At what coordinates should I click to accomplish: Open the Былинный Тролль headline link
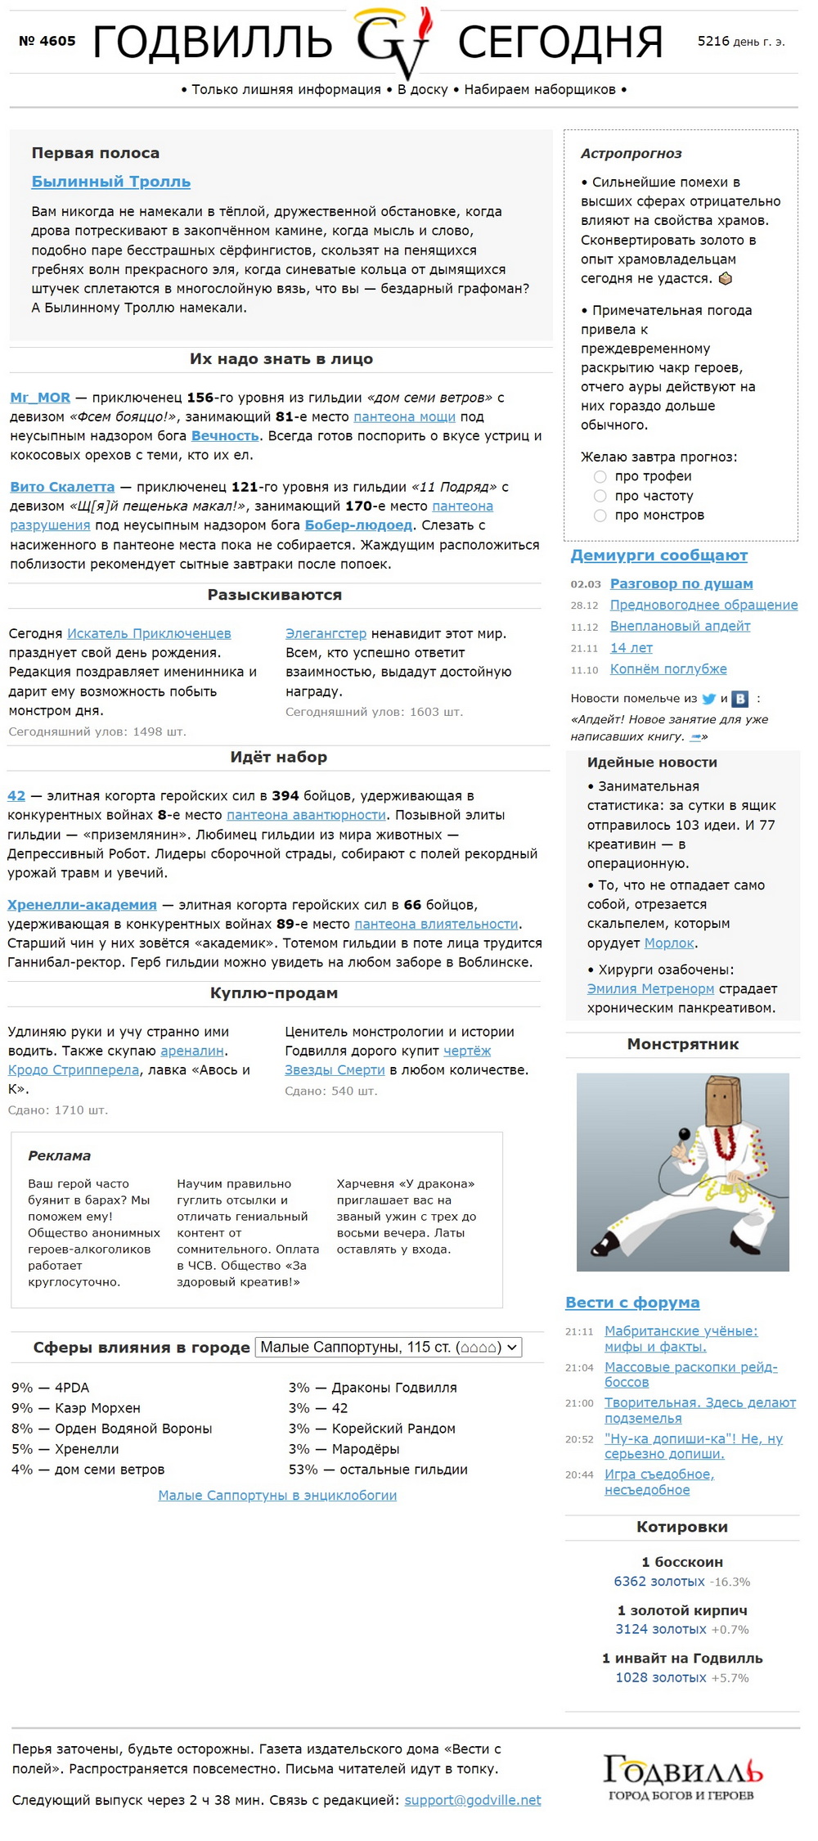(x=110, y=182)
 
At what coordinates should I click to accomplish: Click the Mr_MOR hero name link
(x=40, y=398)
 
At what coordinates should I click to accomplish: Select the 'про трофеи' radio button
(x=600, y=477)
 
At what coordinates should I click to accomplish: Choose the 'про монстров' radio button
(x=600, y=515)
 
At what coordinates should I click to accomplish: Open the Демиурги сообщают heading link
(x=658, y=556)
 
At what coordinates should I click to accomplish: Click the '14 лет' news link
(x=631, y=648)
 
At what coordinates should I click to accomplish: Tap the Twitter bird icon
(x=708, y=699)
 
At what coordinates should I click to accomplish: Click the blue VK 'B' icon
(x=739, y=699)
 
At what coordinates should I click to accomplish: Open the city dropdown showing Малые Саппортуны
(x=389, y=1348)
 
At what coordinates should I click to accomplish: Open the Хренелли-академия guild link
(x=82, y=905)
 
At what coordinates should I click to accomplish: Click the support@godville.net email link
(x=472, y=1800)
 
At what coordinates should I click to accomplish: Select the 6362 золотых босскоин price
(x=658, y=1582)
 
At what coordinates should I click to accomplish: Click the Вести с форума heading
(x=632, y=1303)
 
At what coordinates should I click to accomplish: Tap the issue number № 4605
(x=47, y=41)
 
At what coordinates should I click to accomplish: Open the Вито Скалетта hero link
(x=62, y=487)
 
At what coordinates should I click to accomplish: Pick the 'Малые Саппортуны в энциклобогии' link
(x=277, y=1496)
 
